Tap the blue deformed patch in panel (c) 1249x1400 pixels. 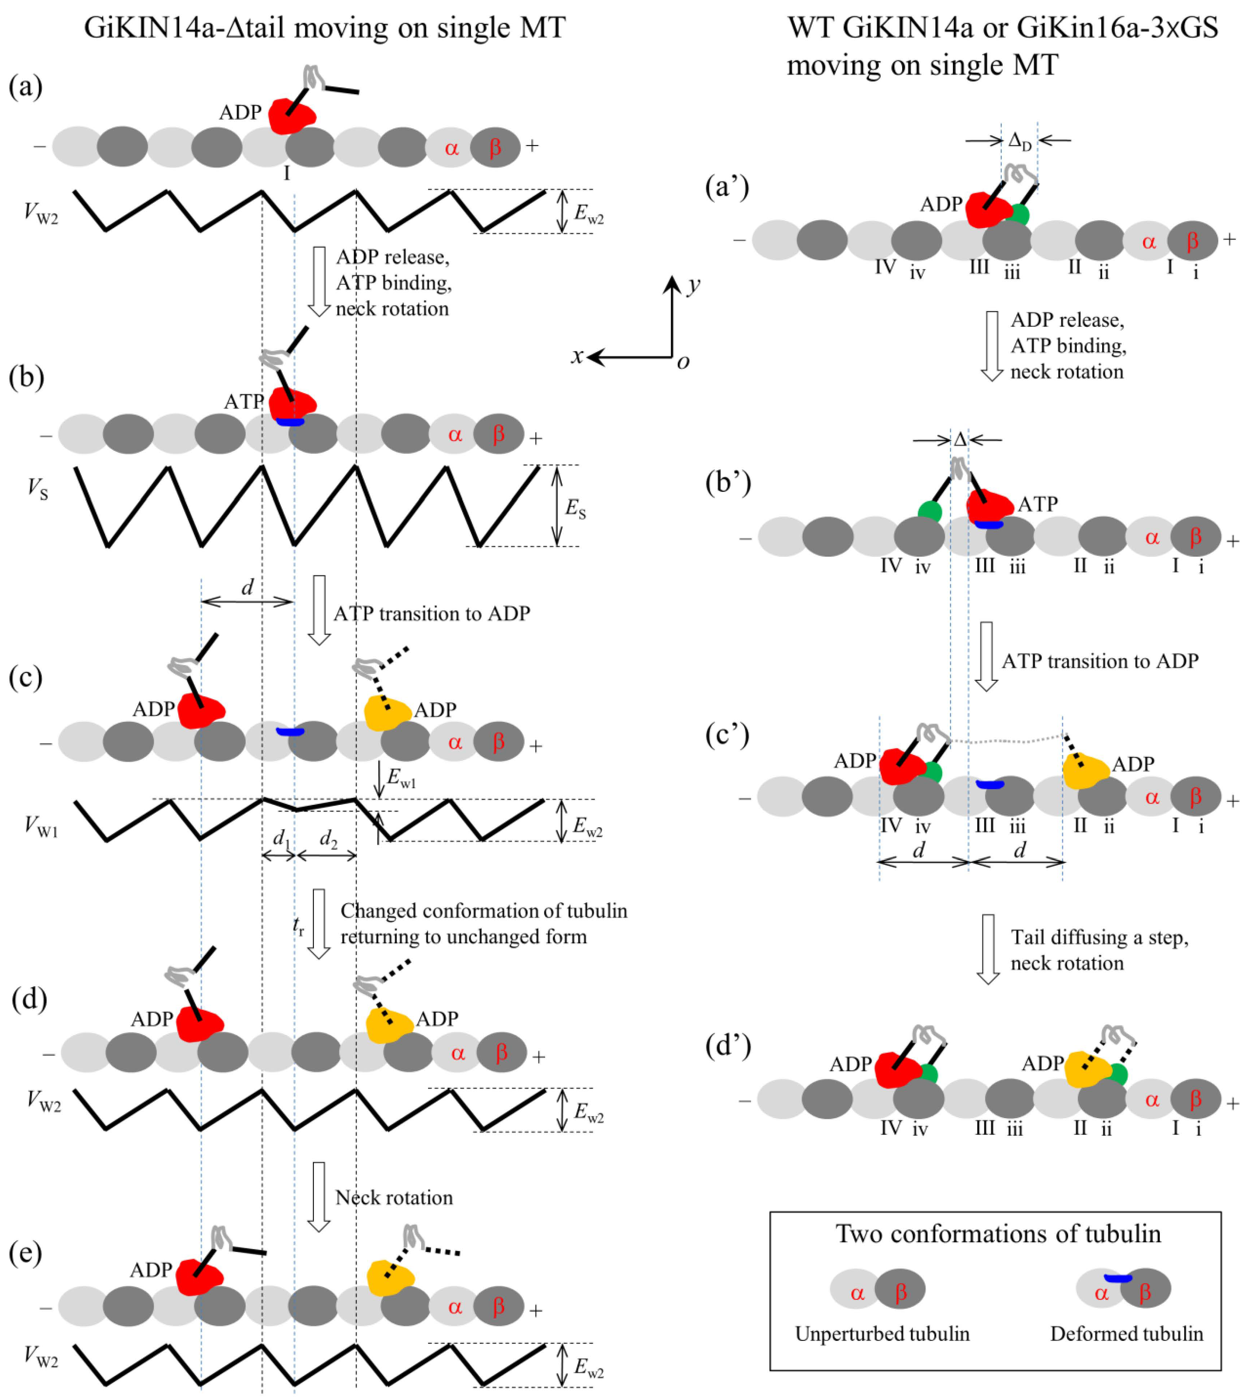[x=290, y=732]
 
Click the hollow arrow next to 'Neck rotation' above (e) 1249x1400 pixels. [x=319, y=1196]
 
